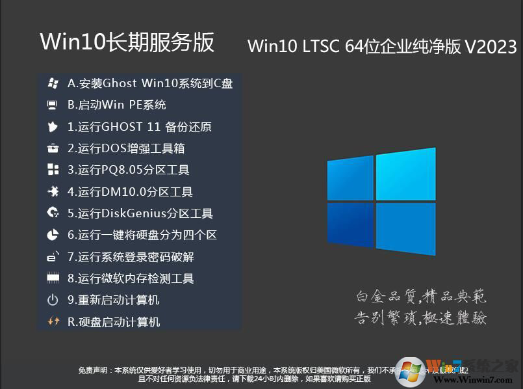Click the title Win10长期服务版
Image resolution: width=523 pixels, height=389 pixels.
tap(127, 42)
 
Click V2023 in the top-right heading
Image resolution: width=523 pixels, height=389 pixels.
tap(491, 47)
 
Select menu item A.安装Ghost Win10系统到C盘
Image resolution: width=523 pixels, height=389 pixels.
tap(150, 83)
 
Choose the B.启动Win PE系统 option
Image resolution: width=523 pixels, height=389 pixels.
tap(117, 105)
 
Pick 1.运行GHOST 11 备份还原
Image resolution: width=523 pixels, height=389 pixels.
tap(140, 127)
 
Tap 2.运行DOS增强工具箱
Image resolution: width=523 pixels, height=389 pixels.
tap(126, 148)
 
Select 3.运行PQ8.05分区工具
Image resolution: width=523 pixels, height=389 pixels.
tap(129, 170)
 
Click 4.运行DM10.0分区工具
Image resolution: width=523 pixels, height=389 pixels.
tap(130, 192)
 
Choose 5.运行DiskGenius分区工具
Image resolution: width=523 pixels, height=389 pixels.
tap(140, 213)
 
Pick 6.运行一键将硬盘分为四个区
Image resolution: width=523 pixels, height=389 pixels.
tap(142, 235)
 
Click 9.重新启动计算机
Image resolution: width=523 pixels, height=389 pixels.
tap(114, 300)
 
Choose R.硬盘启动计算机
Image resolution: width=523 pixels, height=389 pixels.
tap(114, 322)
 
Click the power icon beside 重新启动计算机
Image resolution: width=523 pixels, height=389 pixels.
tap(53, 300)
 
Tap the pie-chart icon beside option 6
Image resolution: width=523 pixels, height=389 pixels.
tap(53, 235)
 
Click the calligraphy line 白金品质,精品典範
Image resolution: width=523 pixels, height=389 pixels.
tap(421, 297)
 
